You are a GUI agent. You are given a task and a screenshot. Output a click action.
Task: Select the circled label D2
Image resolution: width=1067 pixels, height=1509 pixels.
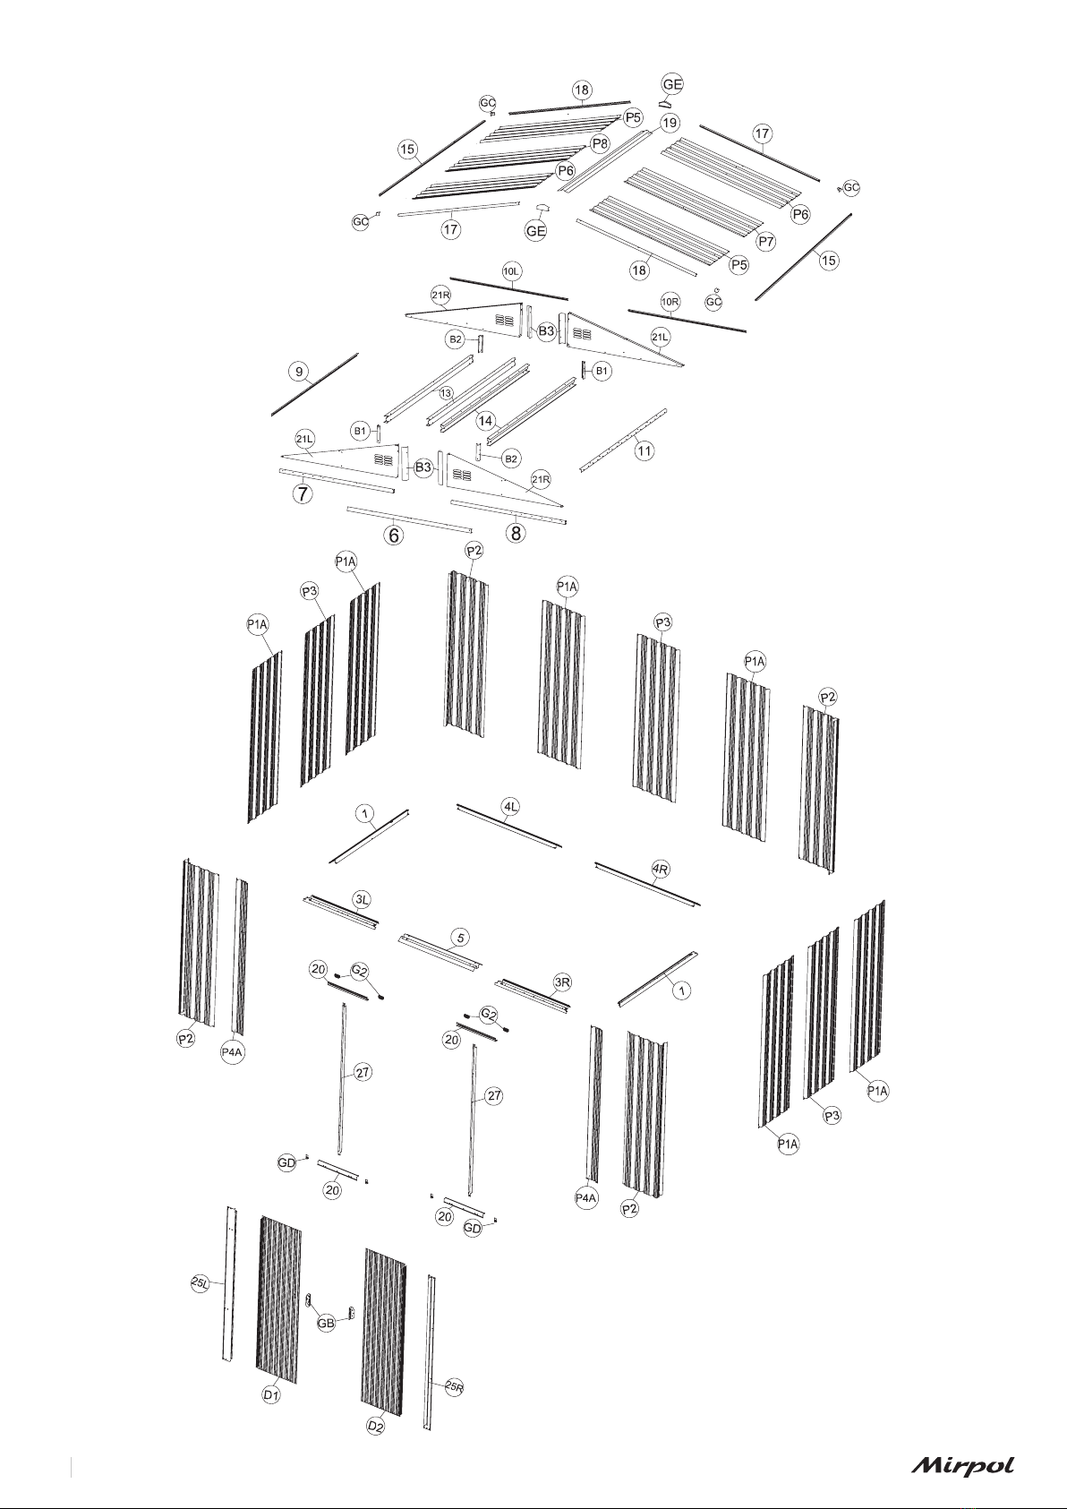377,1450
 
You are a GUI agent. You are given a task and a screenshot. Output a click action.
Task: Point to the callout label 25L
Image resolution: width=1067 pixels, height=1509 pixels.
201,1284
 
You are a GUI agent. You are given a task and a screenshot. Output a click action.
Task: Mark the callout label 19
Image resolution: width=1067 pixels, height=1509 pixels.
670,122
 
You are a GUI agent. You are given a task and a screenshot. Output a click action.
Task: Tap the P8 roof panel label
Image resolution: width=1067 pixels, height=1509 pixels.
600,143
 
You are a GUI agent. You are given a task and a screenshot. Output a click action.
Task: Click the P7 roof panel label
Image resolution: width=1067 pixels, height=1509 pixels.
766,241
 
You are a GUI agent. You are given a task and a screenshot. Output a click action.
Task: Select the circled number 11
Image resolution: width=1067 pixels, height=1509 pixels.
644,450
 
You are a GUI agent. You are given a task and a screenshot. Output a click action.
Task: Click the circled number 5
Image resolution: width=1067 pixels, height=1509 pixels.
460,938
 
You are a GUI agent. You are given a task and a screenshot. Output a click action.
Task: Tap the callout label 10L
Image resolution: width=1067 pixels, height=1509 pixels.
512,270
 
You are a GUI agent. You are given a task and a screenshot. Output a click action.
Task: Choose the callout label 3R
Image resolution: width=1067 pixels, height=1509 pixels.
562,982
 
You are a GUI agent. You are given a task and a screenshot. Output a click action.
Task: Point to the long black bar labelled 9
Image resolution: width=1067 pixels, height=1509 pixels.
315,384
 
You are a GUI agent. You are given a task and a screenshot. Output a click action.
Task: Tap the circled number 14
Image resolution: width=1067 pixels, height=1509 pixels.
485,420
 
